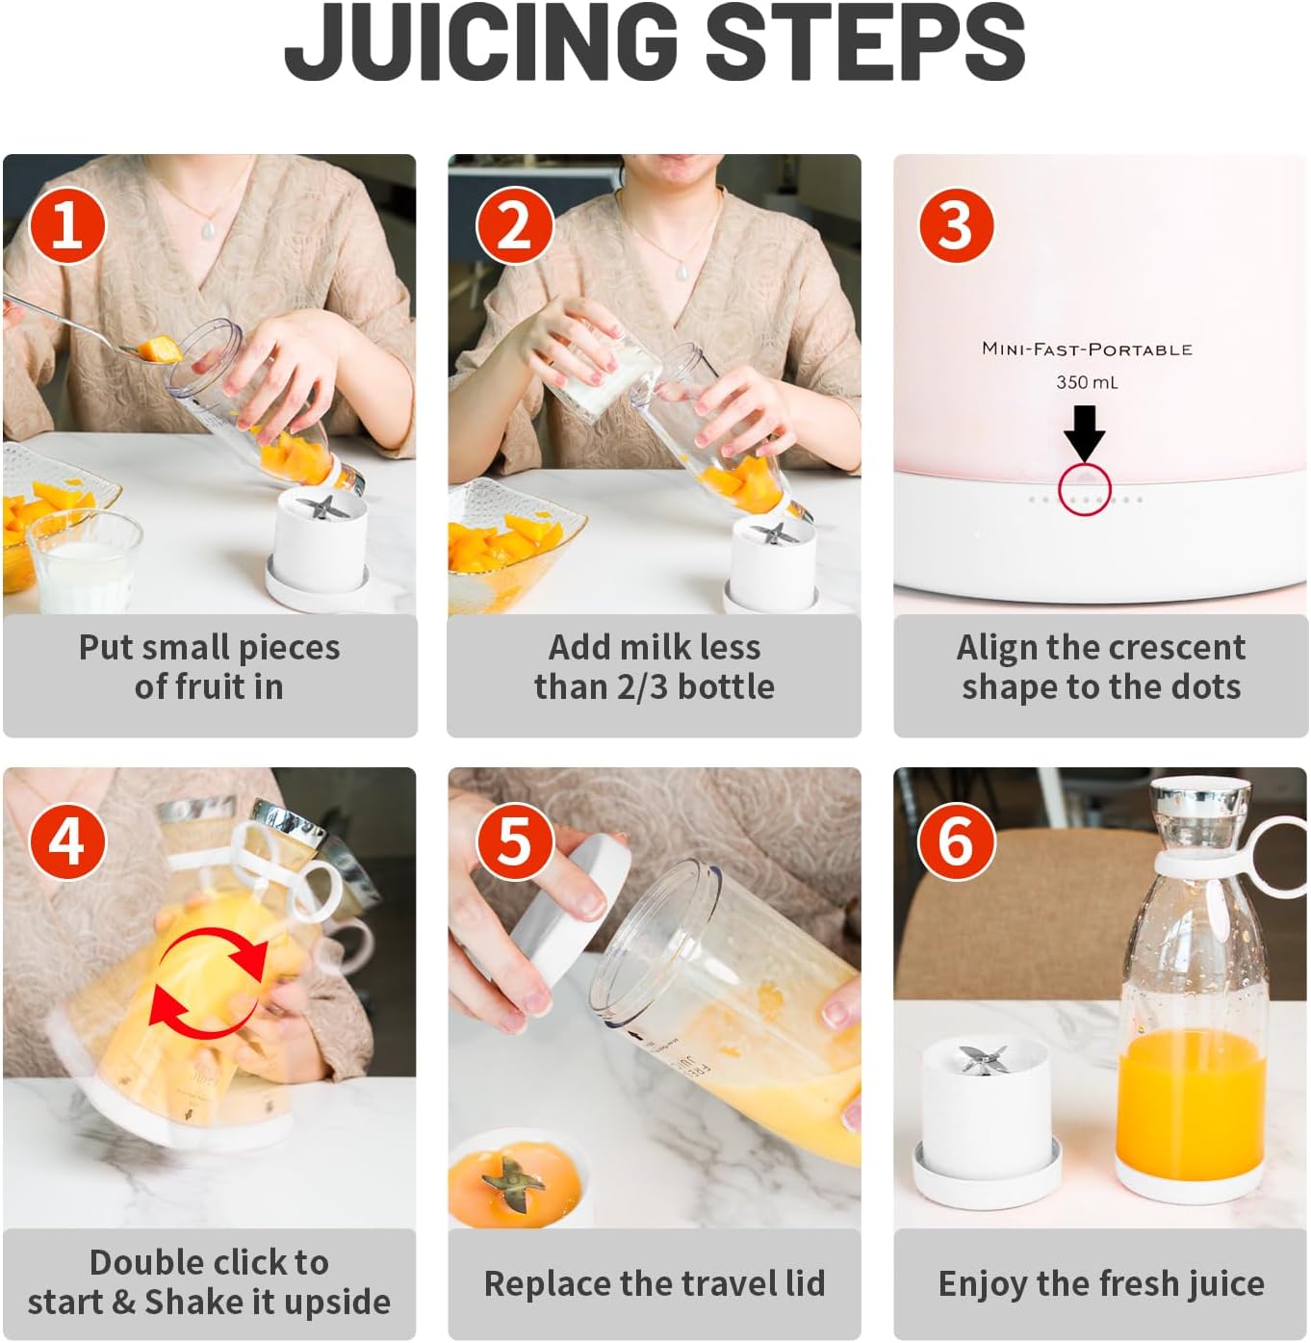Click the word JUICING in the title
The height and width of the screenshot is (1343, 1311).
click(x=481, y=42)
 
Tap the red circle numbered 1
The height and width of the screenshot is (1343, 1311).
click(x=67, y=225)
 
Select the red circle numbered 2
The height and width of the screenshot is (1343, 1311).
click(x=514, y=225)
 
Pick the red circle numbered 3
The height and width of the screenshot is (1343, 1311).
click(x=957, y=225)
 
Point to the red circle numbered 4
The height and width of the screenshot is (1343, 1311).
click(x=67, y=841)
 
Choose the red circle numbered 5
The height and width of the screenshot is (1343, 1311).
click(x=514, y=841)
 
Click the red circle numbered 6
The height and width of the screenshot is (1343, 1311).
click(x=957, y=841)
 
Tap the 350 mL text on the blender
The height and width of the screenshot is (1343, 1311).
click(x=1087, y=382)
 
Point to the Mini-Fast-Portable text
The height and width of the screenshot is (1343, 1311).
click(x=1087, y=349)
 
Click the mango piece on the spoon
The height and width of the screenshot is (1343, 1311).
click(x=162, y=349)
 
